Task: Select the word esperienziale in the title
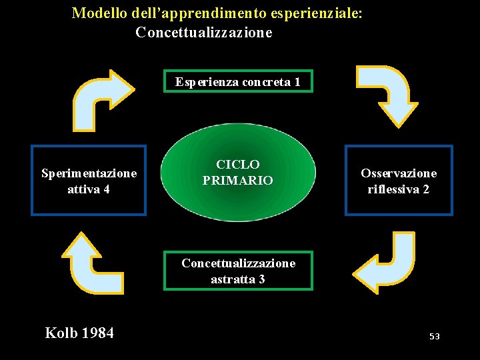point(314,13)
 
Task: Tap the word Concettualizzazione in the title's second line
point(203,32)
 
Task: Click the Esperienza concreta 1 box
point(238,81)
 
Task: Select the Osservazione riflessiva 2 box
point(399,181)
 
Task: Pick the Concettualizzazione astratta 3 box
point(238,271)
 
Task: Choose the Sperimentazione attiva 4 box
point(89,181)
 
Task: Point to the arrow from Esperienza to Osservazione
point(387,93)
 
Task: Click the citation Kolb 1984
point(79,333)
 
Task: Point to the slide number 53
point(435,337)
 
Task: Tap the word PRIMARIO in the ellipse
point(238,181)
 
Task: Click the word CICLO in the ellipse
point(238,165)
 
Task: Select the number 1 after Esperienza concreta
point(297,82)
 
